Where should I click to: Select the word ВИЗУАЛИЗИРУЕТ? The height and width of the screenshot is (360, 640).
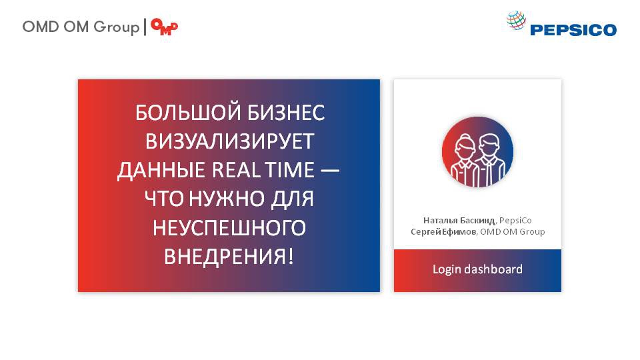[230, 141]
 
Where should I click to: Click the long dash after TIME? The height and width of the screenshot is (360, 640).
[330, 171]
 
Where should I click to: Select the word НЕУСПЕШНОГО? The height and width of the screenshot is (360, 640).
[229, 228]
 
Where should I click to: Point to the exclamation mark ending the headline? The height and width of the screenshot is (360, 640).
[291, 256]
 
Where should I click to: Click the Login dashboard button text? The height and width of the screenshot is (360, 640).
[477, 269]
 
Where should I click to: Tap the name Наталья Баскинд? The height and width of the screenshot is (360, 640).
[459, 221]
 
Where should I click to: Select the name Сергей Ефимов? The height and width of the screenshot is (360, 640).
[443, 232]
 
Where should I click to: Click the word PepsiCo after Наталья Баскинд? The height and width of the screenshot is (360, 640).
[515, 221]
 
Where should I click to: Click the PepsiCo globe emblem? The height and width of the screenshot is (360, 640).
[516, 20]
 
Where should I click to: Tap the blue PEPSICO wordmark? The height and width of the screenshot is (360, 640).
[573, 30]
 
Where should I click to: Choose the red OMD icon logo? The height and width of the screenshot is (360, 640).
[165, 27]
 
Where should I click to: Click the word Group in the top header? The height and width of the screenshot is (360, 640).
[116, 27]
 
